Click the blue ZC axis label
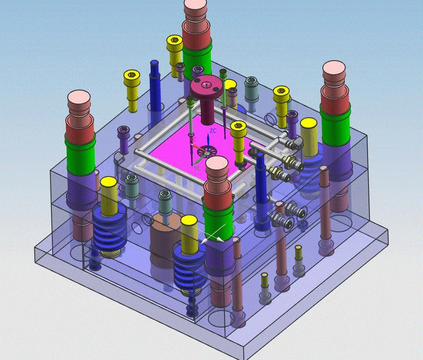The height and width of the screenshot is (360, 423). pos(213,131)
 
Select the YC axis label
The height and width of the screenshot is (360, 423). pos(197,168)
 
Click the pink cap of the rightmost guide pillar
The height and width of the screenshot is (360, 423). pos(334,70)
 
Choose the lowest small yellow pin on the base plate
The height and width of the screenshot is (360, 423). pos(264,281)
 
